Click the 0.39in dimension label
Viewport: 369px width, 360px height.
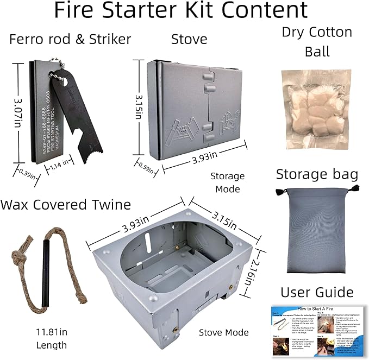[x=27, y=174]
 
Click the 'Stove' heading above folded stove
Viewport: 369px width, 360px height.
[x=189, y=39]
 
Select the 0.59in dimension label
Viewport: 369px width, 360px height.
[x=145, y=166]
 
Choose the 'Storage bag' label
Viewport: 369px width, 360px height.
[x=317, y=174]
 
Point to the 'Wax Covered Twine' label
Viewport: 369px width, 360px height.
[x=66, y=205]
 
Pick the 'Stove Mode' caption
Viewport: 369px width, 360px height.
[x=224, y=332]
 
